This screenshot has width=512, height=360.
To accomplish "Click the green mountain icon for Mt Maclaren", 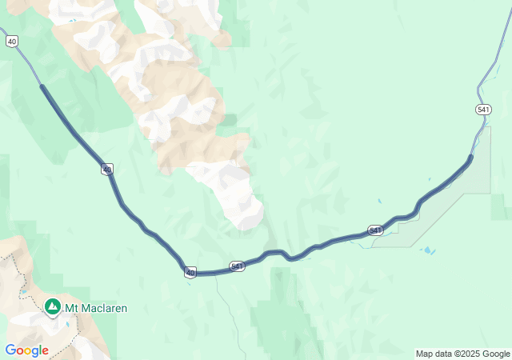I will [x=53, y=307].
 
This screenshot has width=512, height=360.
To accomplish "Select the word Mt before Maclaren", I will [x=72, y=308].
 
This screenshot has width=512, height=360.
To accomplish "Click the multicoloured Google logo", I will [x=26, y=350].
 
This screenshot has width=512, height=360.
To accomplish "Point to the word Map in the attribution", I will [x=426, y=354].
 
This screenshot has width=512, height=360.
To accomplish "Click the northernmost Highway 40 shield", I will [x=10, y=40].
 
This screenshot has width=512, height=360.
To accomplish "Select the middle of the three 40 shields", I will [x=107, y=169].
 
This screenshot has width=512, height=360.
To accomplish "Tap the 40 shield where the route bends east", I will [x=190, y=273].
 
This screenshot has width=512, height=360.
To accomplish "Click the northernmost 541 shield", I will [x=482, y=109].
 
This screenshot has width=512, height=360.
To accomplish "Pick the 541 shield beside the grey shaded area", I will [x=375, y=230].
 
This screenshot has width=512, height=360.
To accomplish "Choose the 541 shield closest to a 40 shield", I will [x=236, y=266].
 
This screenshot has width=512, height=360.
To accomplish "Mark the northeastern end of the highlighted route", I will [x=470, y=157].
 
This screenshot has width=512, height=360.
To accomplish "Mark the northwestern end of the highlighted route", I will [x=42, y=86].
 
